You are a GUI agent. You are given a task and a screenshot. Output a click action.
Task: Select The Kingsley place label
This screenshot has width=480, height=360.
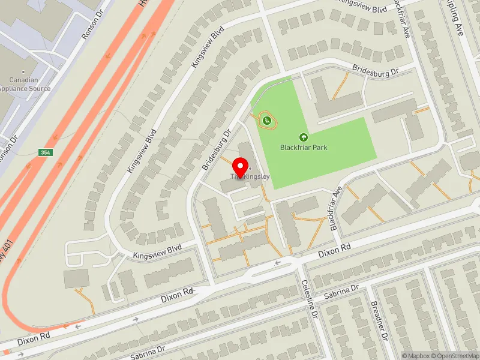pos(251,176)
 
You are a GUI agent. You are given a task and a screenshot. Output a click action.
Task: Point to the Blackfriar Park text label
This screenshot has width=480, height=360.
pos(304,148)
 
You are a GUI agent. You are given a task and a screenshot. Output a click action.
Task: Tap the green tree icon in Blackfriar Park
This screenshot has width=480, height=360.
pos(304,137)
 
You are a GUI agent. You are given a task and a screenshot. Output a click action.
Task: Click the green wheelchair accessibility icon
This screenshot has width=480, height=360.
pos(268,121)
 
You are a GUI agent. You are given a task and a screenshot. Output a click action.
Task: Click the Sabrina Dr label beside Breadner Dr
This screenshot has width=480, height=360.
pos(341,292)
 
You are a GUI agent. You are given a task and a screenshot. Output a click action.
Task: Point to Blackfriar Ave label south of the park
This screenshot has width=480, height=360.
pos(335,208)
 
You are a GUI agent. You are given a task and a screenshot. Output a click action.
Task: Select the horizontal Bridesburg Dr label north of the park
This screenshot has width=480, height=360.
pos(376,71)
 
